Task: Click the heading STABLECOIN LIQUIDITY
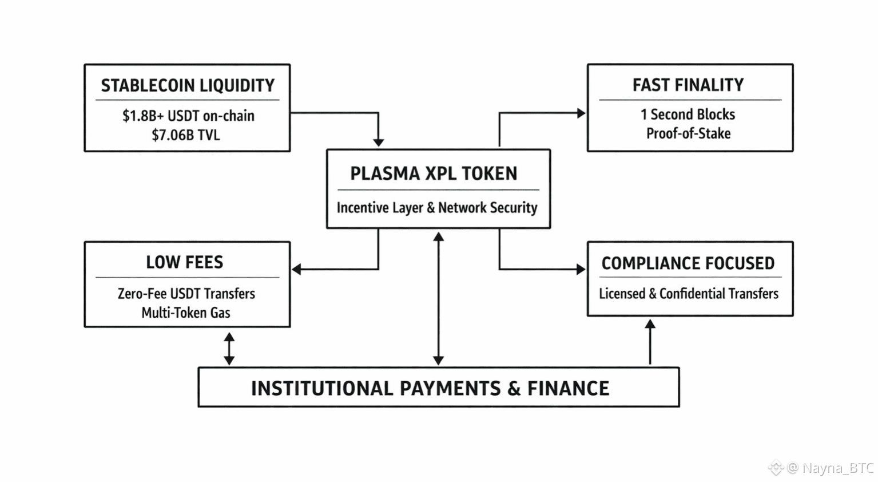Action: [x=188, y=86]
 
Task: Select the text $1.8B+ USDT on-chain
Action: [x=188, y=116]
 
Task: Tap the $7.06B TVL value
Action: [x=186, y=135]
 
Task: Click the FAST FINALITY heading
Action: [x=688, y=85]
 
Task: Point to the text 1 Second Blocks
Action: [x=688, y=114]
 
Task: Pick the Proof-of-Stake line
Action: [x=688, y=133]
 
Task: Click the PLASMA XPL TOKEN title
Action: [x=434, y=173]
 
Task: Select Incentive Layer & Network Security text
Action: [x=437, y=207]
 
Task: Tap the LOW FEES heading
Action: [x=184, y=262]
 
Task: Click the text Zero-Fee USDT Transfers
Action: [x=186, y=294]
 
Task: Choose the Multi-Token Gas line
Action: [x=186, y=313]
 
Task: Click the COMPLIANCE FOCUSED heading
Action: [x=688, y=263]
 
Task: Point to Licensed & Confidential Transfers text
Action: [x=689, y=294]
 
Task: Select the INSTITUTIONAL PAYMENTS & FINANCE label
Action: [x=430, y=389]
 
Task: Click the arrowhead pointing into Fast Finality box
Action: [x=581, y=113]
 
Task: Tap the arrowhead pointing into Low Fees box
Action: [x=296, y=269]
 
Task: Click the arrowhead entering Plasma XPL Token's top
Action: [x=379, y=142]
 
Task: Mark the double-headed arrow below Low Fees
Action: [x=229, y=349]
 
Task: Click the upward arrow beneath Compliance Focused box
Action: [x=650, y=342]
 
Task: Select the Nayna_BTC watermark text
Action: [x=838, y=468]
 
